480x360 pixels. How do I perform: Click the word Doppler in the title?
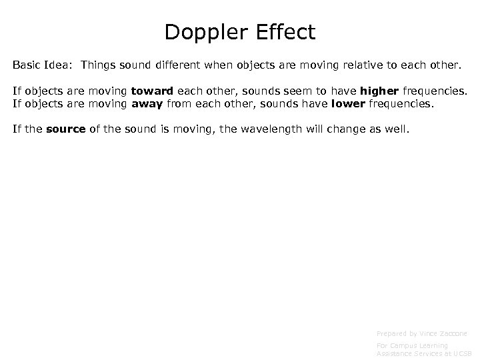[201, 32]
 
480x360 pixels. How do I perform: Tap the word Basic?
[27, 67]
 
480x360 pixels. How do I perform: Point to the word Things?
[100, 67]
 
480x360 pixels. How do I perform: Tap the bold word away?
[146, 103]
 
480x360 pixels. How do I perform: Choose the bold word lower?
[347, 103]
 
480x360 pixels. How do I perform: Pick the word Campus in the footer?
[405, 345]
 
